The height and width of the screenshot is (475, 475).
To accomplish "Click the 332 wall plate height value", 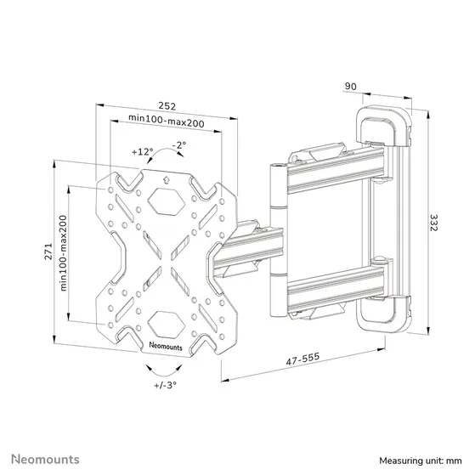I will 434,223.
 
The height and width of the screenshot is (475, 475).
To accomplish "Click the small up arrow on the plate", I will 167,178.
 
